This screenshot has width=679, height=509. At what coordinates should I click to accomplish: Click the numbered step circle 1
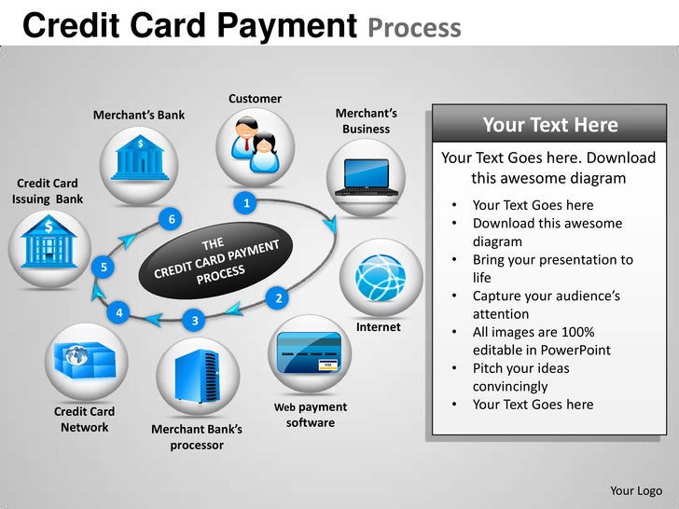pos(245,202)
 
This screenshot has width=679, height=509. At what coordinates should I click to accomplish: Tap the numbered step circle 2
pos(277,298)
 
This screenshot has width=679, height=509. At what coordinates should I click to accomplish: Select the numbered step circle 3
pos(194,321)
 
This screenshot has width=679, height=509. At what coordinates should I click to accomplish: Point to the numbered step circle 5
pos(104,268)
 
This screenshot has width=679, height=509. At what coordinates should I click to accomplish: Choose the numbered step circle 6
pos(171,219)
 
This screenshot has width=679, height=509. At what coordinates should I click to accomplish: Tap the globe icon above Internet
pos(380,277)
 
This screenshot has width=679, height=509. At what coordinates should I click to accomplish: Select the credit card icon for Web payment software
pos(311,352)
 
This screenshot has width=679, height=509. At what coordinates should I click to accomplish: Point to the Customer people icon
pos(256,144)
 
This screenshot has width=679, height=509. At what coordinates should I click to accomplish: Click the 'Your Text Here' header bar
pos(549,125)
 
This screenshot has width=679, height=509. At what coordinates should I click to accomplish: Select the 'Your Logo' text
pos(636,490)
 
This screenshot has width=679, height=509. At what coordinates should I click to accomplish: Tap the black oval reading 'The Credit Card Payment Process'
pos(217,265)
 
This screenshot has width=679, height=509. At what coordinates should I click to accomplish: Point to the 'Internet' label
pos(379,327)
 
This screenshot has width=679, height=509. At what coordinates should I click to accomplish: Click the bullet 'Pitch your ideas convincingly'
pos(520,377)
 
